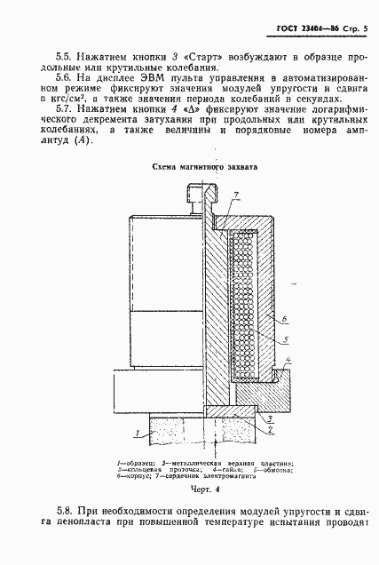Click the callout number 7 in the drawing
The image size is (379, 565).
click(236, 194)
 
